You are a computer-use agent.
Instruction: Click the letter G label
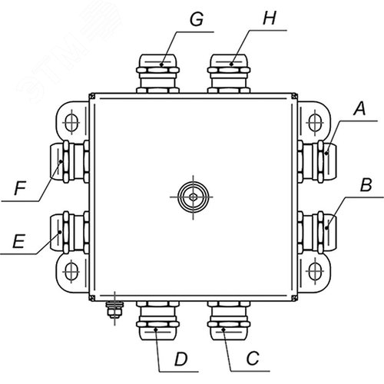pyautogui.click(x=197, y=19)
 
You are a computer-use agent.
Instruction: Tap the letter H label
pyautogui.click(x=270, y=18)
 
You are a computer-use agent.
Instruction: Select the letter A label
pyautogui.click(x=359, y=108)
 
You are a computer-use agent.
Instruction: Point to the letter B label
pyautogui.click(x=366, y=184)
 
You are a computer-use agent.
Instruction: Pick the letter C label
pyautogui.click(x=253, y=358)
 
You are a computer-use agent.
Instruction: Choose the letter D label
pyautogui.click(x=181, y=359)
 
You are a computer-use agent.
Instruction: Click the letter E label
pyautogui.click(x=18, y=241)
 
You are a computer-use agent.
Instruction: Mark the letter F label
pyautogui.click(x=20, y=188)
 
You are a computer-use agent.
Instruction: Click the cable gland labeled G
pyautogui.click(x=157, y=74)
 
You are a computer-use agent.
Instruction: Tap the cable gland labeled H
pyautogui.click(x=229, y=74)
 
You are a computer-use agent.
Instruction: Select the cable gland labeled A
pyautogui.click(x=317, y=161)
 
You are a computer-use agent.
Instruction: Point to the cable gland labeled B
pyautogui.click(x=317, y=233)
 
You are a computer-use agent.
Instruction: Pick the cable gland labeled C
pyautogui.click(x=229, y=320)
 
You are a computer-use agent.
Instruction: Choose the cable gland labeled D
pyautogui.click(x=157, y=320)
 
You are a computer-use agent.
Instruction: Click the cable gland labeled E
pyautogui.click(x=69, y=233)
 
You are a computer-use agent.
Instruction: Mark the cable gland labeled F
pyautogui.click(x=69, y=161)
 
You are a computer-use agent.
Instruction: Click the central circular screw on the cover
pyautogui.click(x=193, y=197)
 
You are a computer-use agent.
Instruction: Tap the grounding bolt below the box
pyautogui.click(x=114, y=310)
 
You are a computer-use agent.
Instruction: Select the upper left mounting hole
pyautogui.click(x=71, y=122)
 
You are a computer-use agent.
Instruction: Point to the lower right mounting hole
pyautogui.click(x=315, y=271)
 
